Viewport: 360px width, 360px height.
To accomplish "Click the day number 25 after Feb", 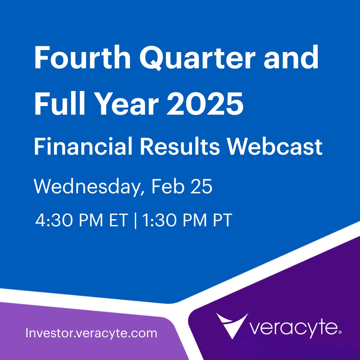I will point(199,187).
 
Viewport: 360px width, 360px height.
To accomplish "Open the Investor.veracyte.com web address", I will point(91,333).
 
